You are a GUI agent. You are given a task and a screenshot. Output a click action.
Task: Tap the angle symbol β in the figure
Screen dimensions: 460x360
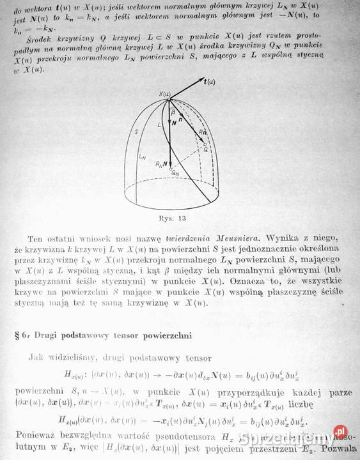172,112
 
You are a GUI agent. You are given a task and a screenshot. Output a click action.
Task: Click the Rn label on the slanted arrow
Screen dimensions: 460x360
201,132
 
